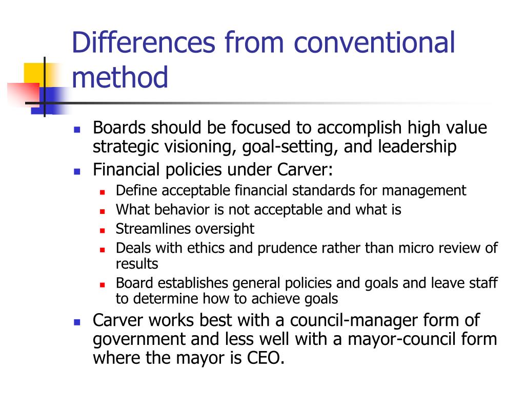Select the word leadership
coord(417,147)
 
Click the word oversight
coord(221,229)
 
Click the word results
coord(137,264)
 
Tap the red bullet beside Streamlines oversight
coord(102,230)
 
